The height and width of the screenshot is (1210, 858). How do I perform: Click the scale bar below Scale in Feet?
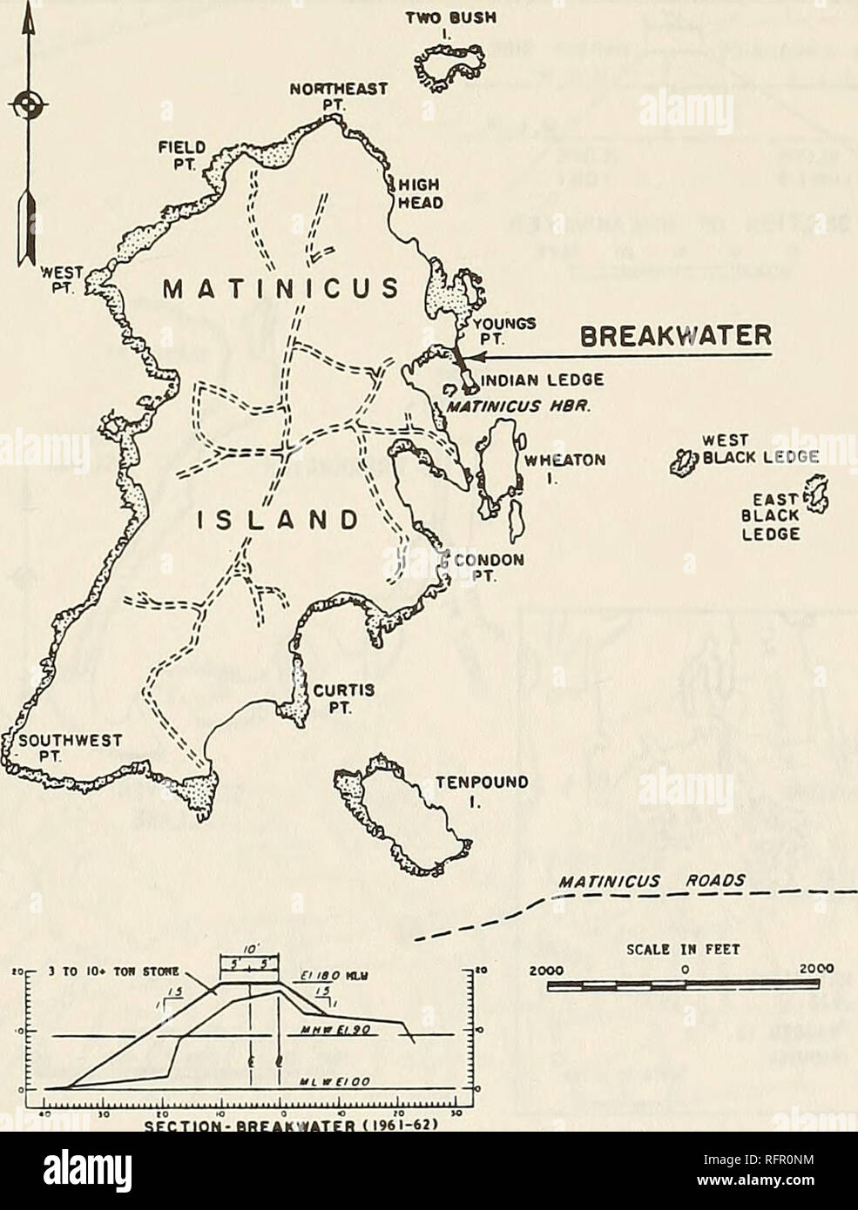tap(683, 985)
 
